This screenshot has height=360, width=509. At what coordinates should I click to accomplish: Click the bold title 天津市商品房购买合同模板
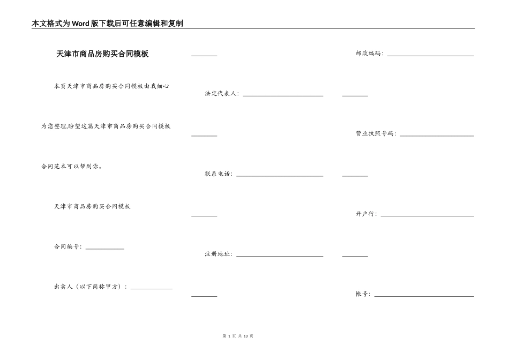102,54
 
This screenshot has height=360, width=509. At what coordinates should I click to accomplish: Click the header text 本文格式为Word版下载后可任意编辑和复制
107,24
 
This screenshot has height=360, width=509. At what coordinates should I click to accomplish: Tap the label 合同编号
67,247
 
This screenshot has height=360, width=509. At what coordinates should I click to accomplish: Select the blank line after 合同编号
105,248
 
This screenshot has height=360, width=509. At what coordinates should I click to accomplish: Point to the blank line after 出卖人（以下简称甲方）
152,288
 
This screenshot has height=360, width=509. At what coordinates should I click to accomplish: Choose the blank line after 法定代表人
283,95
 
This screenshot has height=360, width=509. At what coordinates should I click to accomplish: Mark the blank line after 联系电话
280,176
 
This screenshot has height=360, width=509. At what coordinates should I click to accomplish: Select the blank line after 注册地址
280,256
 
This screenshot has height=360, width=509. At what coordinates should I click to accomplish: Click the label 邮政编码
369,54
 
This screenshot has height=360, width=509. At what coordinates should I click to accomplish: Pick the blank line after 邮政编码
430,55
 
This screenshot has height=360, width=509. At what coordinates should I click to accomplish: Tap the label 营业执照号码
375,134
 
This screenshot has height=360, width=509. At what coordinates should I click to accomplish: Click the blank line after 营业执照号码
437,136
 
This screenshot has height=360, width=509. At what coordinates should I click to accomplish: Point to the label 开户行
365,214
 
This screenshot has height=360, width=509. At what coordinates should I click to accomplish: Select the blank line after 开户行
427,216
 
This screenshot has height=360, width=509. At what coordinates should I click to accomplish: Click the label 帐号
362,294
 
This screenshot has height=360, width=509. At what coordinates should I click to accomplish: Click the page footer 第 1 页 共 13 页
237,336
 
